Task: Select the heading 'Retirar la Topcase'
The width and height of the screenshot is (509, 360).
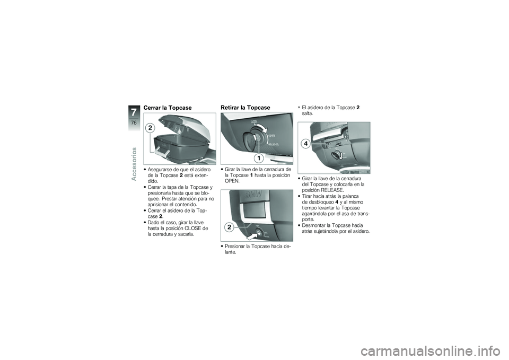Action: pyautogui.click(x=245, y=108)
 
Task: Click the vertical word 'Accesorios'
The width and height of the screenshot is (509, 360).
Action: pyautogui.click(x=135, y=163)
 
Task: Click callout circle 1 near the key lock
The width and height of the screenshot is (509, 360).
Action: pyautogui.click(x=258, y=158)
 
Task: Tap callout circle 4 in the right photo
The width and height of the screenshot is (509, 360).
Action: pyautogui.click(x=306, y=144)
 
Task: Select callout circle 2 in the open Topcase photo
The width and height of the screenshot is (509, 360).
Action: pyautogui.click(x=150, y=128)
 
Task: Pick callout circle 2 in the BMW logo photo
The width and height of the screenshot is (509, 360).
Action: pyautogui.click(x=229, y=227)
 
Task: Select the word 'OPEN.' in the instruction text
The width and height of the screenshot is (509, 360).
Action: pyautogui.click(x=232, y=180)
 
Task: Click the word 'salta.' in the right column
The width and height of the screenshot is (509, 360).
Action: pyautogui.click(x=307, y=113)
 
